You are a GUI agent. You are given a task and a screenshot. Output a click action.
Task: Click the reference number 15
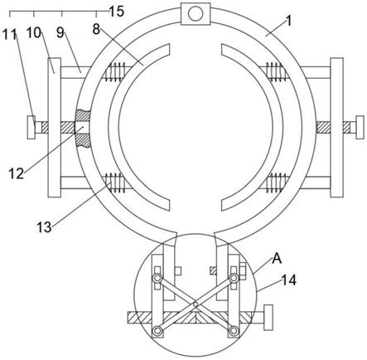pyautogui.click(x=117, y=12)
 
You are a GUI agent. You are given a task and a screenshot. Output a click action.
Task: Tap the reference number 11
pyautogui.click(x=9, y=34)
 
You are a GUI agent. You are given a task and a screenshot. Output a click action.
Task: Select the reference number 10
pyautogui.click(x=34, y=32)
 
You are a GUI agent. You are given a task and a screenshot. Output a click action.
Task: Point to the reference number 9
pyautogui.click(x=60, y=32)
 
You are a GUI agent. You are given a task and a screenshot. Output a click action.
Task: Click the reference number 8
pyautogui.click(x=96, y=29)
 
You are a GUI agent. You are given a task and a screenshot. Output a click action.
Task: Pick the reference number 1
pyautogui.click(x=288, y=22)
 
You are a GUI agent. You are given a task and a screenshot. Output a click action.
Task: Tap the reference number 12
pyautogui.click(x=16, y=173)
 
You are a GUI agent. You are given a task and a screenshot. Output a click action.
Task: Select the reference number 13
pyautogui.click(x=44, y=227)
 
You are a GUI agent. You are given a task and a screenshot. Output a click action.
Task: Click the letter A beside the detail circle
pyautogui.click(x=277, y=259)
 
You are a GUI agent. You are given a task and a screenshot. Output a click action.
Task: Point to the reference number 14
pyautogui.click(x=289, y=280)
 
